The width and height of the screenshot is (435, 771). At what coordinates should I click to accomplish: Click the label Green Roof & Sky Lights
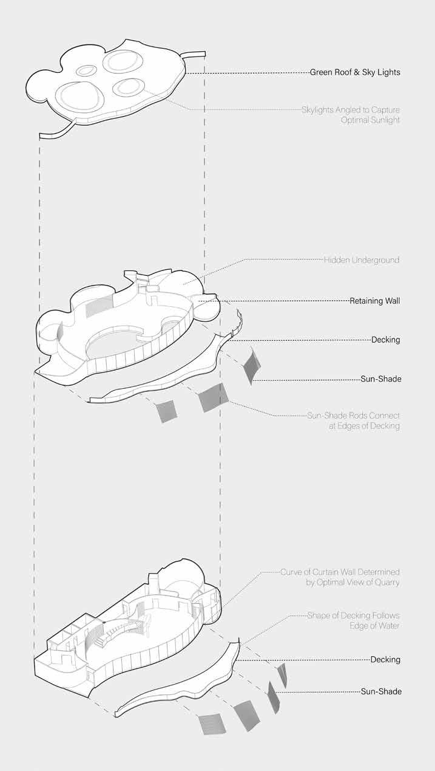coord(355,72)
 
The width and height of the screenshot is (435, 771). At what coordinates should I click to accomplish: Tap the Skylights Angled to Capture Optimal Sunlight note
coord(351,115)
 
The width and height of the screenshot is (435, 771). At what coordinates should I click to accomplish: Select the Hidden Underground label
coord(362,260)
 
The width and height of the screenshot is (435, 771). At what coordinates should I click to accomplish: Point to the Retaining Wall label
coord(374,300)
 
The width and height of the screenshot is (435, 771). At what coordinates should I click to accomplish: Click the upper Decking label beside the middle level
coord(385,340)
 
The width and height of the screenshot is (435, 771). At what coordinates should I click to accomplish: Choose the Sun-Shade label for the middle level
coord(380,379)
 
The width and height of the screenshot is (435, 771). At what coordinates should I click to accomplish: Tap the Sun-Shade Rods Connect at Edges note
coord(353,420)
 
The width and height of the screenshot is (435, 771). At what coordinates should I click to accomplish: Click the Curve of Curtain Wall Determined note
coord(340,577)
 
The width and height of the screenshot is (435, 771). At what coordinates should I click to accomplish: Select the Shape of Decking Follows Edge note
coord(353,620)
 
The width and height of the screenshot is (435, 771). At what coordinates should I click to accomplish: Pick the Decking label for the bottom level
coord(385,659)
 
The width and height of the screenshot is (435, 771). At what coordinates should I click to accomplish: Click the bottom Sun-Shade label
coord(380,691)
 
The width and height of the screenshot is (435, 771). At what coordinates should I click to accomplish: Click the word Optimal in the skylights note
coord(357,120)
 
